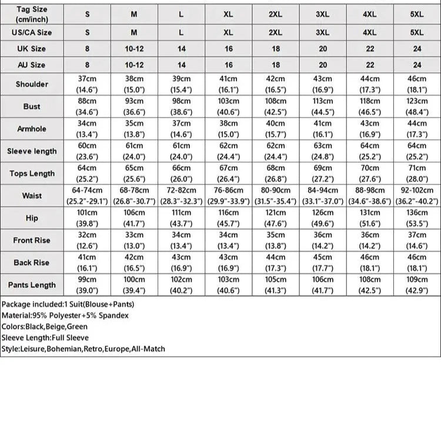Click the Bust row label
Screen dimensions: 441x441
click(x=32, y=106)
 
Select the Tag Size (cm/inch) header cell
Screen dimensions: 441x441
click(x=32, y=14)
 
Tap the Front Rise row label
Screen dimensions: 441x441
click(x=32, y=240)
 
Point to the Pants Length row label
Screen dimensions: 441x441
click(x=32, y=285)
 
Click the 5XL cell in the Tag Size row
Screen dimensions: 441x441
click(x=417, y=14)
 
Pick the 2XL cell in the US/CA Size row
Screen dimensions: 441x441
click(x=275, y=33)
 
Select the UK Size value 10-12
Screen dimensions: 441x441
click(x=134, y=49)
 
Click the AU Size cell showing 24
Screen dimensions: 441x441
click(x=417, y=65)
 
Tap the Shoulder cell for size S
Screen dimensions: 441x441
click(x=87, y=84)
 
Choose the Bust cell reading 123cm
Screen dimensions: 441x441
click(x=417, y=106)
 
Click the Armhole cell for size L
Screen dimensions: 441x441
click(x=181, y=129)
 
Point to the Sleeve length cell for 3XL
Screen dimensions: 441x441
click(x=323, y=151)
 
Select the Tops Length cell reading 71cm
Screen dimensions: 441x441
click(x=417, y=173)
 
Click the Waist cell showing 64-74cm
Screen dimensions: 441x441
click(x=87, y=195)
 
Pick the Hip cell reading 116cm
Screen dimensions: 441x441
click(x=228, y=218)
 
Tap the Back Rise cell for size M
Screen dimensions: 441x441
click(x=134, y=262)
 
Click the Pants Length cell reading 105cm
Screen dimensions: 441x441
click(x=275, y=285)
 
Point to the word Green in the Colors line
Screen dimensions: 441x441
click(x=78, y=326)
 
